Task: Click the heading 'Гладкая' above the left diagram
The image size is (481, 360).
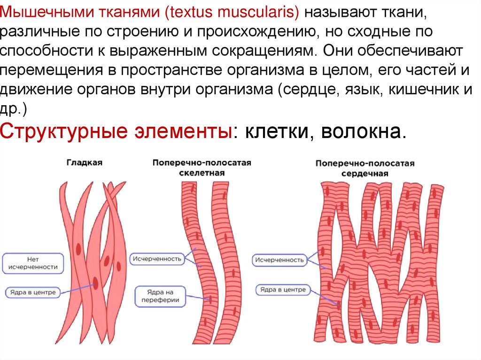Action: (84, 162)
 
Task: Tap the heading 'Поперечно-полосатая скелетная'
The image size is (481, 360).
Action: (202, 168)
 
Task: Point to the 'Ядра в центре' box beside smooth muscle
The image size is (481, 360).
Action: (32, 292)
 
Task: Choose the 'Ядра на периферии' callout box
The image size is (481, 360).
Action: (160, 296)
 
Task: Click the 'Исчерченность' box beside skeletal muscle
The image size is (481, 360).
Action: (157, 259)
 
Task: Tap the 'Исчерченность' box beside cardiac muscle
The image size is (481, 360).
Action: (279, 259)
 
